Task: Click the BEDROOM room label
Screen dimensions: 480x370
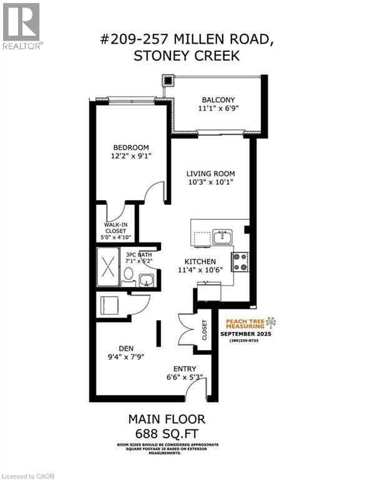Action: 131,147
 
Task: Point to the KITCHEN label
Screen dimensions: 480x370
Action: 200,261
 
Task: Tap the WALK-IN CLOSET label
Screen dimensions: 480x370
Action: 115,230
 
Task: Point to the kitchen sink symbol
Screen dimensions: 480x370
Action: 222,236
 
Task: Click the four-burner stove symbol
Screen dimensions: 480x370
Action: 240,261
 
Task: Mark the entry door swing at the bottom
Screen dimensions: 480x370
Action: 197,392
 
